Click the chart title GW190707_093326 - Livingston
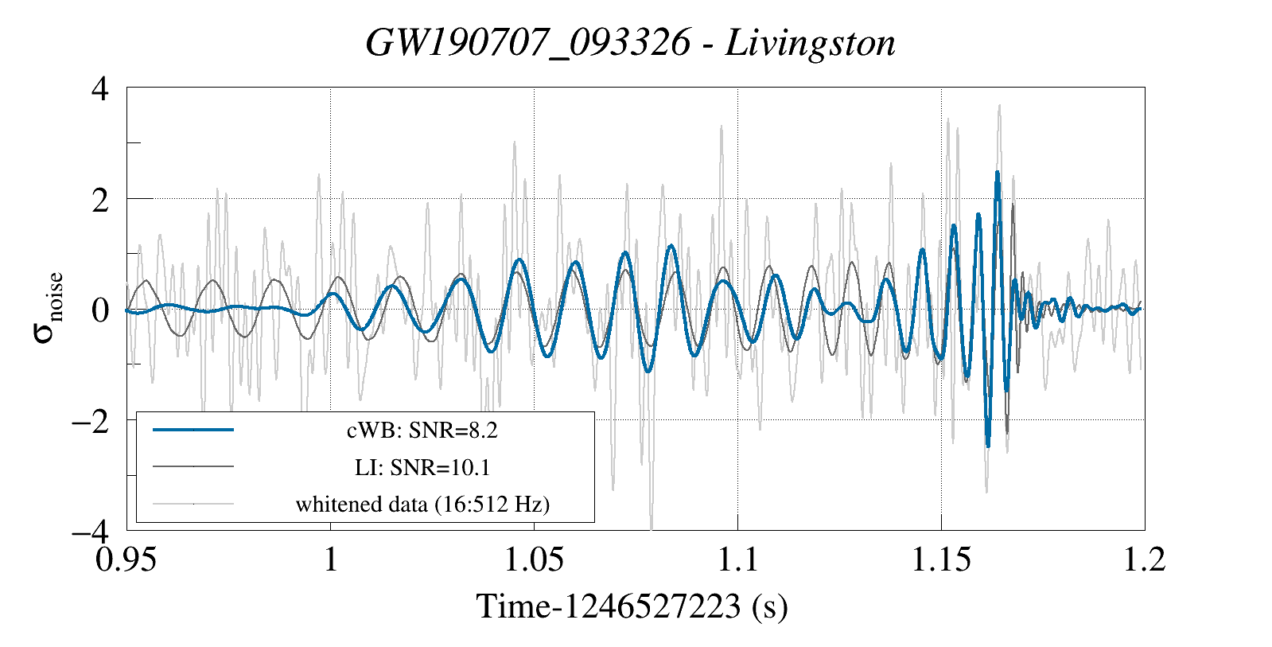tap(630, 43)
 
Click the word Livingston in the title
tap(810, 43)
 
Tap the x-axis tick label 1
tap(330, 559)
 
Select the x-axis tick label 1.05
tap(534, 559)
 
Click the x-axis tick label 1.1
tap(737, 559)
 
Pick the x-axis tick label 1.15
tap(941, 559)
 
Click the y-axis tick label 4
tap(100, 88)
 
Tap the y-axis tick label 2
tap(100, 199)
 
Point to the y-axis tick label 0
tap(100, 310)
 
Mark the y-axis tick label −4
tap(90, 530)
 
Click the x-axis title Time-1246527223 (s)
tap(632, 606)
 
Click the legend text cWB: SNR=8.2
tap(422, 431)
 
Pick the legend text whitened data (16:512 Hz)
tap(422, 504)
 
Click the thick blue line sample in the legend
tap(193, 430)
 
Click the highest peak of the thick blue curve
tap(997, 172)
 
